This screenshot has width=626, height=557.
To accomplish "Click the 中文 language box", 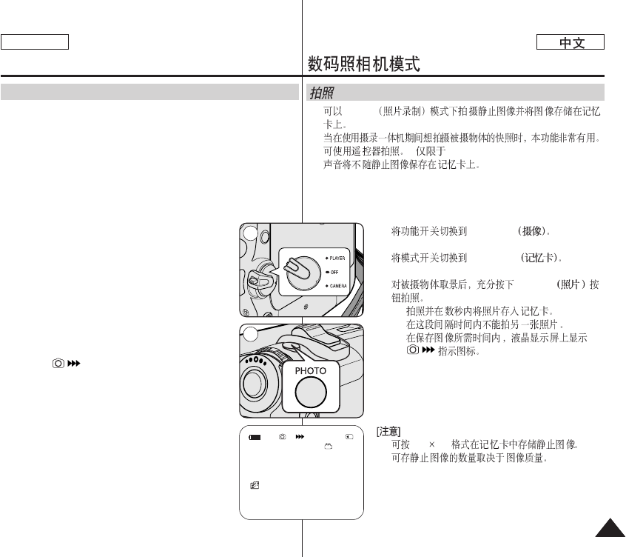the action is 571,43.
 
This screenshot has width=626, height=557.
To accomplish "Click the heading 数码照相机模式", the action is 364,64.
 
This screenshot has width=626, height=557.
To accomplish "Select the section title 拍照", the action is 320,93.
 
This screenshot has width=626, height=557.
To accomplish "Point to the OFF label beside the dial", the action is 332,271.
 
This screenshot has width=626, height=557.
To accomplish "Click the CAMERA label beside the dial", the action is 337,284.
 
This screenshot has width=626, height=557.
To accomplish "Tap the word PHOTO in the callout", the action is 311,370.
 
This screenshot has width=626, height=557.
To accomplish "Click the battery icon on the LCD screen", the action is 255,437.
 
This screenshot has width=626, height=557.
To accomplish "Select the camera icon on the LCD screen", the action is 282,437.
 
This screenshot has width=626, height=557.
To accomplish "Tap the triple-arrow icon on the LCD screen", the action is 300,437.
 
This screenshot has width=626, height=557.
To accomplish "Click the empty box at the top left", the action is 35,42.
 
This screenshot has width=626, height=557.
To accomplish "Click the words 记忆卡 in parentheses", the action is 542,259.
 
